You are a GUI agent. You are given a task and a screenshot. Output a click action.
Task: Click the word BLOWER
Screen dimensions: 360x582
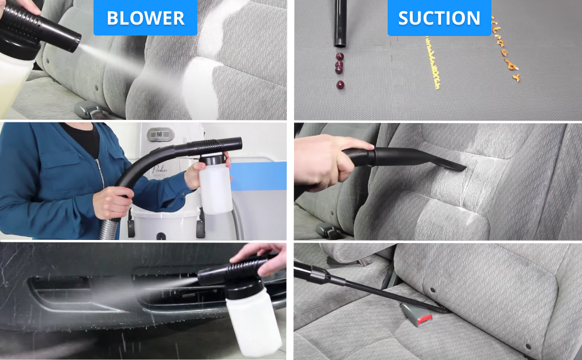point(145,17)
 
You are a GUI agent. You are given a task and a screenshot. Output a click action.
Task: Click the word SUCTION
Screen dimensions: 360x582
point(439,18)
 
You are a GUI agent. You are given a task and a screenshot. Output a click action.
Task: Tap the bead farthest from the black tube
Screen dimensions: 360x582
point(340,85)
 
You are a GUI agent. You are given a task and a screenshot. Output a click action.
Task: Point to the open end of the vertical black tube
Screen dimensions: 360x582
point(340,43)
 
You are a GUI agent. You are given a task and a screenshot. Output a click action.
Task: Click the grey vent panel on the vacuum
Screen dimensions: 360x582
point(157,136)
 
